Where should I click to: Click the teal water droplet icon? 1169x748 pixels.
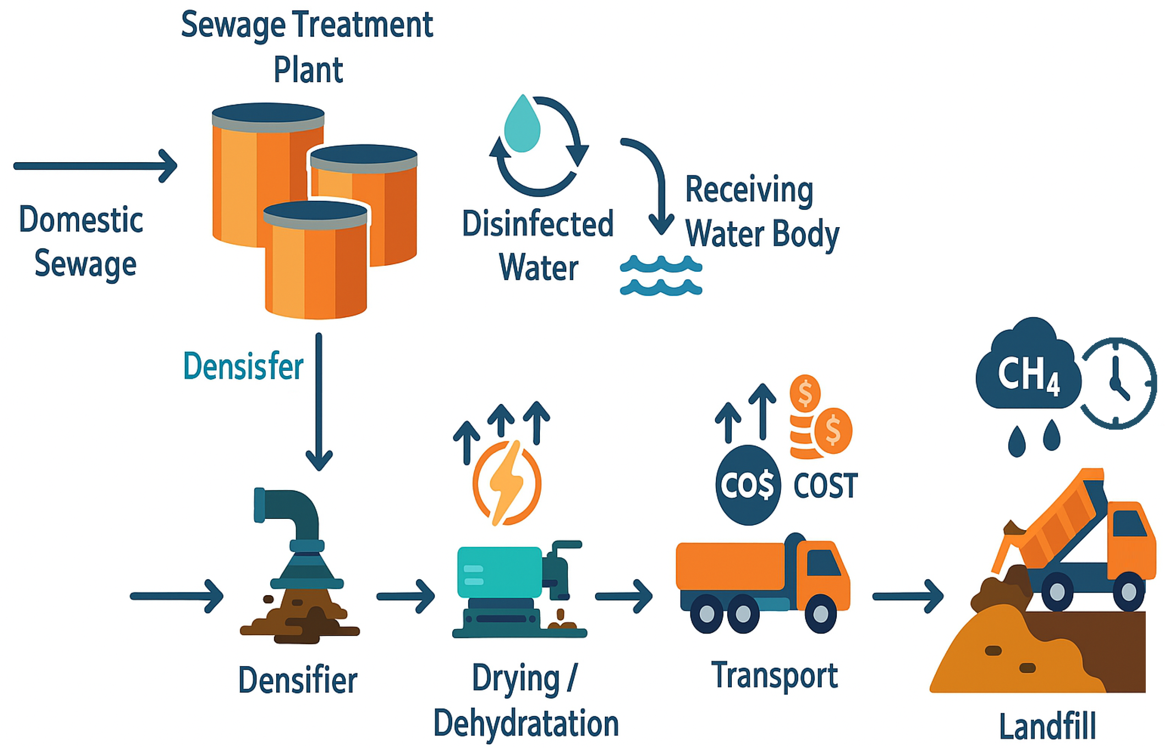[522, 125]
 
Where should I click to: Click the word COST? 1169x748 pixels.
[825, 485]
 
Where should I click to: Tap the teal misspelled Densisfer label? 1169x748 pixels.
[243, 366]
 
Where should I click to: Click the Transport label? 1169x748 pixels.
[774, 675]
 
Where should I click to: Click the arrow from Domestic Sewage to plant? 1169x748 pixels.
[95, 166]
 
